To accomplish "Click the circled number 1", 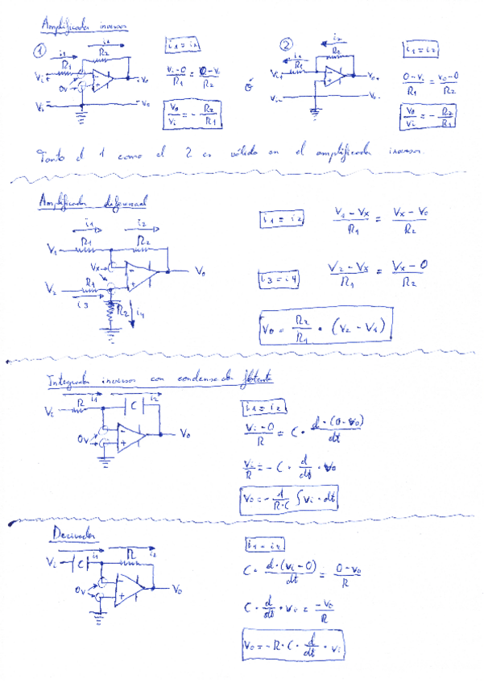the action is [x=39, y=51].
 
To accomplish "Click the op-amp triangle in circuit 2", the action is [x=333, y=77].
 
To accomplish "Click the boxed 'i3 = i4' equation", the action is [x=279, y=279].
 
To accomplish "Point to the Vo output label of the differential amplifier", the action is [x=201, y=272].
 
